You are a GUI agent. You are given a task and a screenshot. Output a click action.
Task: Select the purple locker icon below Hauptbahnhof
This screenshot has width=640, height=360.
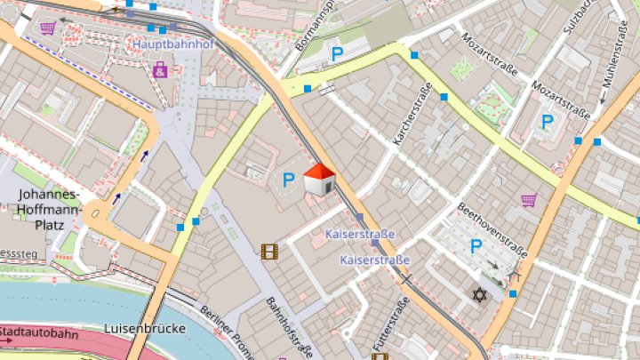point(160,68)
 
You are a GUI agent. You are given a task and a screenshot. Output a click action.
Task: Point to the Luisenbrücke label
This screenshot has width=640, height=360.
point(145,329)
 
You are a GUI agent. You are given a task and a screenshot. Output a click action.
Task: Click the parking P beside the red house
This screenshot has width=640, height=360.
point(288,180)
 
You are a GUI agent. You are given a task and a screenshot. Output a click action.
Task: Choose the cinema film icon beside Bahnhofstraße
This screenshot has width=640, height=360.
point(269,252)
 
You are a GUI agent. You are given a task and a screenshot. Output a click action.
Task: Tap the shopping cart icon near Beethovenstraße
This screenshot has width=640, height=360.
point(529,200)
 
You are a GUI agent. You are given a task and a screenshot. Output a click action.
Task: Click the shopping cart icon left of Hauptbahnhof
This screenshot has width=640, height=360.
point(48,28)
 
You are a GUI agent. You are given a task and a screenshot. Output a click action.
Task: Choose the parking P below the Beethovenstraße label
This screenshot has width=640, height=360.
point(476,246)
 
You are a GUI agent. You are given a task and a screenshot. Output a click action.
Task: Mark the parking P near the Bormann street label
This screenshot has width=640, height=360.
point(337,55)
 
